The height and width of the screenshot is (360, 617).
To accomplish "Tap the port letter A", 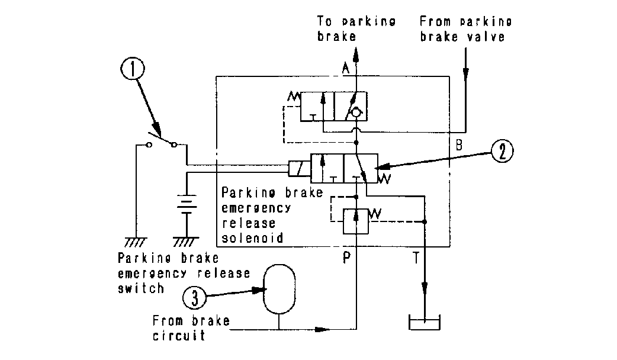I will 346,69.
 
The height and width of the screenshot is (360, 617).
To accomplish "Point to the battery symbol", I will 188,205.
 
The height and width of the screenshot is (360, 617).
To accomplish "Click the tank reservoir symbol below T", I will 424,324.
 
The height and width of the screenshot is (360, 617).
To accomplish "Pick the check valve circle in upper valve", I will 356,111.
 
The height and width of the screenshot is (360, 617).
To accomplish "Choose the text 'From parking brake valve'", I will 465,28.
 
